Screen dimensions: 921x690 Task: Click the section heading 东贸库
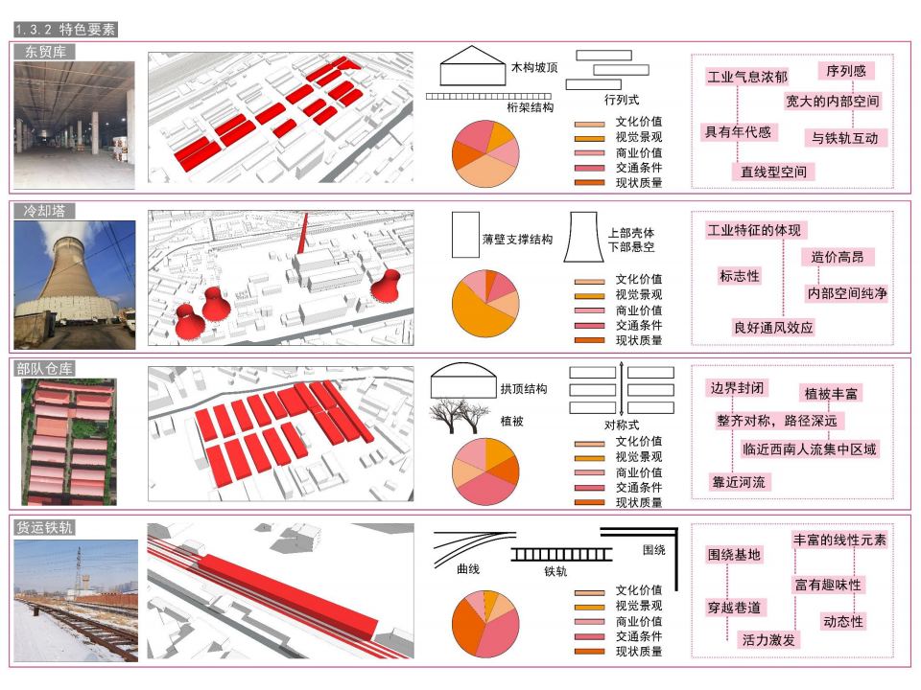pyautogui.click(x=45, y=52)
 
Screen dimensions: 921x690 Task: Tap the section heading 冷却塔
pyautogui.click(x=45, y=211)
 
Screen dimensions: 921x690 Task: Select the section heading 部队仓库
pyautogui.click(x=45, y=368)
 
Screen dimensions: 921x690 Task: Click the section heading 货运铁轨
pyautogui.click(x=45, y=527)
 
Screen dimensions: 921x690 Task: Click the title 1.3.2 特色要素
pyautogui.click(x=65, y=30)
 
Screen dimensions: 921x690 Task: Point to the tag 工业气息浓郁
pyautogui.click(x=747, y=77)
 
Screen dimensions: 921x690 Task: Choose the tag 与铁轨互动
pyautogui.click(x=844, y=138)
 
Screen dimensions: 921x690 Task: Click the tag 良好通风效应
pyautogui.click(x=773, y=328)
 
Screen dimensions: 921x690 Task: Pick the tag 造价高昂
pyautogui.click(x=838, y=257)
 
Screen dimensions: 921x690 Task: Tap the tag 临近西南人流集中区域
pyautogui.click(x=809, y=449)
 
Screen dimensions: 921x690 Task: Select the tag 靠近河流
pyautogui.click(x=739, y=482)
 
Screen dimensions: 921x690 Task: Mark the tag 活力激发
pyautogui.click(x=768, y=639)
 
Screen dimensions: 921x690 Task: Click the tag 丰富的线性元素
pyautogui.click(x=839, y=540)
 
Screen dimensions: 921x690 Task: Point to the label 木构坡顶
pyautogui.click(x=534, y=67)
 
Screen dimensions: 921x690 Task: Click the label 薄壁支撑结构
pyautogui.click(x=517, y=240)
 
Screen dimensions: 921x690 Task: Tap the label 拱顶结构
pyautogui.click(x=524, y=389)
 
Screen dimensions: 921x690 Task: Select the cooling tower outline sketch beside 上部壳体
pyautogui.click(x=583, y=237)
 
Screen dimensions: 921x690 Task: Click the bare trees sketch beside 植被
pyautogui.click(x=460, y=416)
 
